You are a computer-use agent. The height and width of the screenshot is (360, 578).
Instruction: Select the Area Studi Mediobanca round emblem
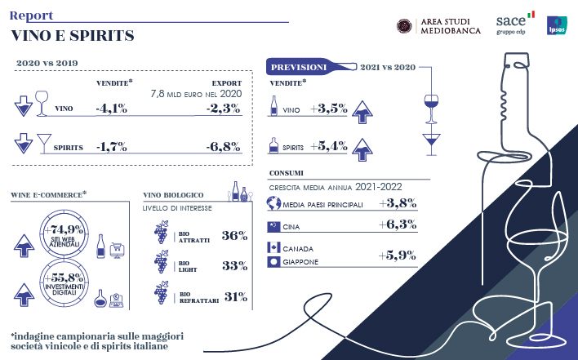click(403, 25)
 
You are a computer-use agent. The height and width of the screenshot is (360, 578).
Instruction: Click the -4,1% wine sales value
click(111, 108)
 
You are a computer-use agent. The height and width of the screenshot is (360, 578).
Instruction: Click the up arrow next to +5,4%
click(359, 149)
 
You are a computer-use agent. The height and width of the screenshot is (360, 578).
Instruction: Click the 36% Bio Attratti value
click(234, 236)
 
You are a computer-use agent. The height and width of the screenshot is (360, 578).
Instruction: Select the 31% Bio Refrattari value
click(234, 297)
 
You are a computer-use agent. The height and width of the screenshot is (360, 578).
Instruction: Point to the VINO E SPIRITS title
click(73, 36)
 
